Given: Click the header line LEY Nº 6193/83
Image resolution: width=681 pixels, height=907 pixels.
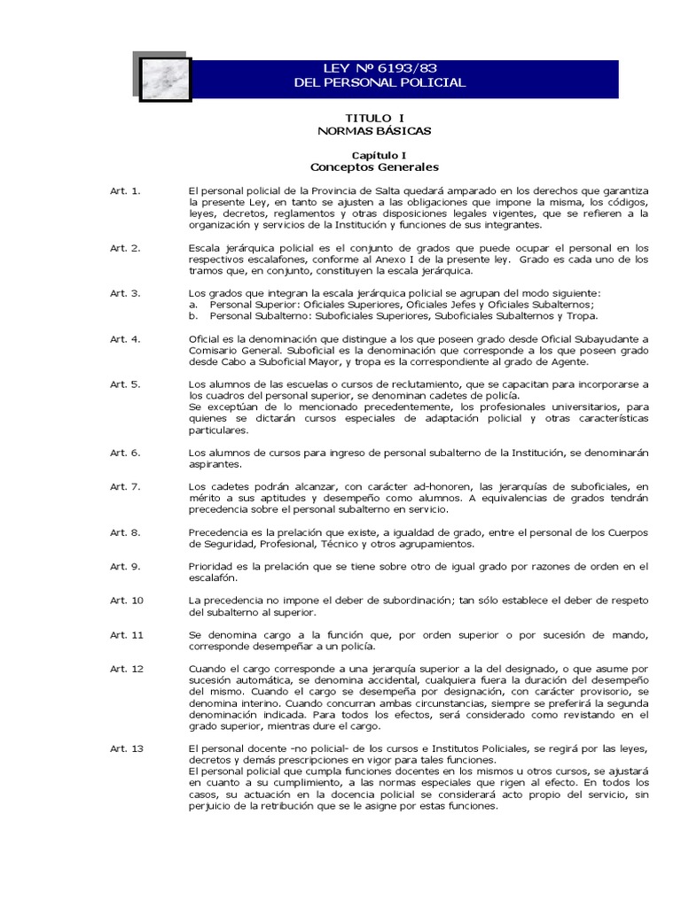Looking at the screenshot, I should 380,68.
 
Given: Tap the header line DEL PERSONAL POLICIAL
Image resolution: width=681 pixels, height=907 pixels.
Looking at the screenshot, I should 380,83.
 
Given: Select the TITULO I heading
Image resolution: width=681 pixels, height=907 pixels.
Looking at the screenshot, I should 373,117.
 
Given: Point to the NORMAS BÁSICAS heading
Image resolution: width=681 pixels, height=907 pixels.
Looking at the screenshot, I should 373,130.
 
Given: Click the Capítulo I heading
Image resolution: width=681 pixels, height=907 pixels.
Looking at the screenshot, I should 373,154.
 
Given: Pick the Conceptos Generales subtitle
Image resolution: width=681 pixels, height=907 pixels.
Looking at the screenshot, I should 373,167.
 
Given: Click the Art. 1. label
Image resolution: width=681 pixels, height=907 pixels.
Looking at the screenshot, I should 125,191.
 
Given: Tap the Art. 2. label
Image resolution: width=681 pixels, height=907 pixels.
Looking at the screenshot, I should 125,248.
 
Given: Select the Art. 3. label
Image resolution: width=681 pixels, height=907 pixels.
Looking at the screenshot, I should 125,293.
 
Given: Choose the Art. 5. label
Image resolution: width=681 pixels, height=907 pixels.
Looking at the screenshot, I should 125,384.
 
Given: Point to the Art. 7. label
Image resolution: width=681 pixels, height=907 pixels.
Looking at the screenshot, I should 125,487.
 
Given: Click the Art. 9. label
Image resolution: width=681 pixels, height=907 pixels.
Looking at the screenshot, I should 125,566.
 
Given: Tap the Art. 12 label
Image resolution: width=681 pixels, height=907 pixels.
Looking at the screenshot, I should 126,669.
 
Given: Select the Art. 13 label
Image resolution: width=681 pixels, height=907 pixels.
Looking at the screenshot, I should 126,748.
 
